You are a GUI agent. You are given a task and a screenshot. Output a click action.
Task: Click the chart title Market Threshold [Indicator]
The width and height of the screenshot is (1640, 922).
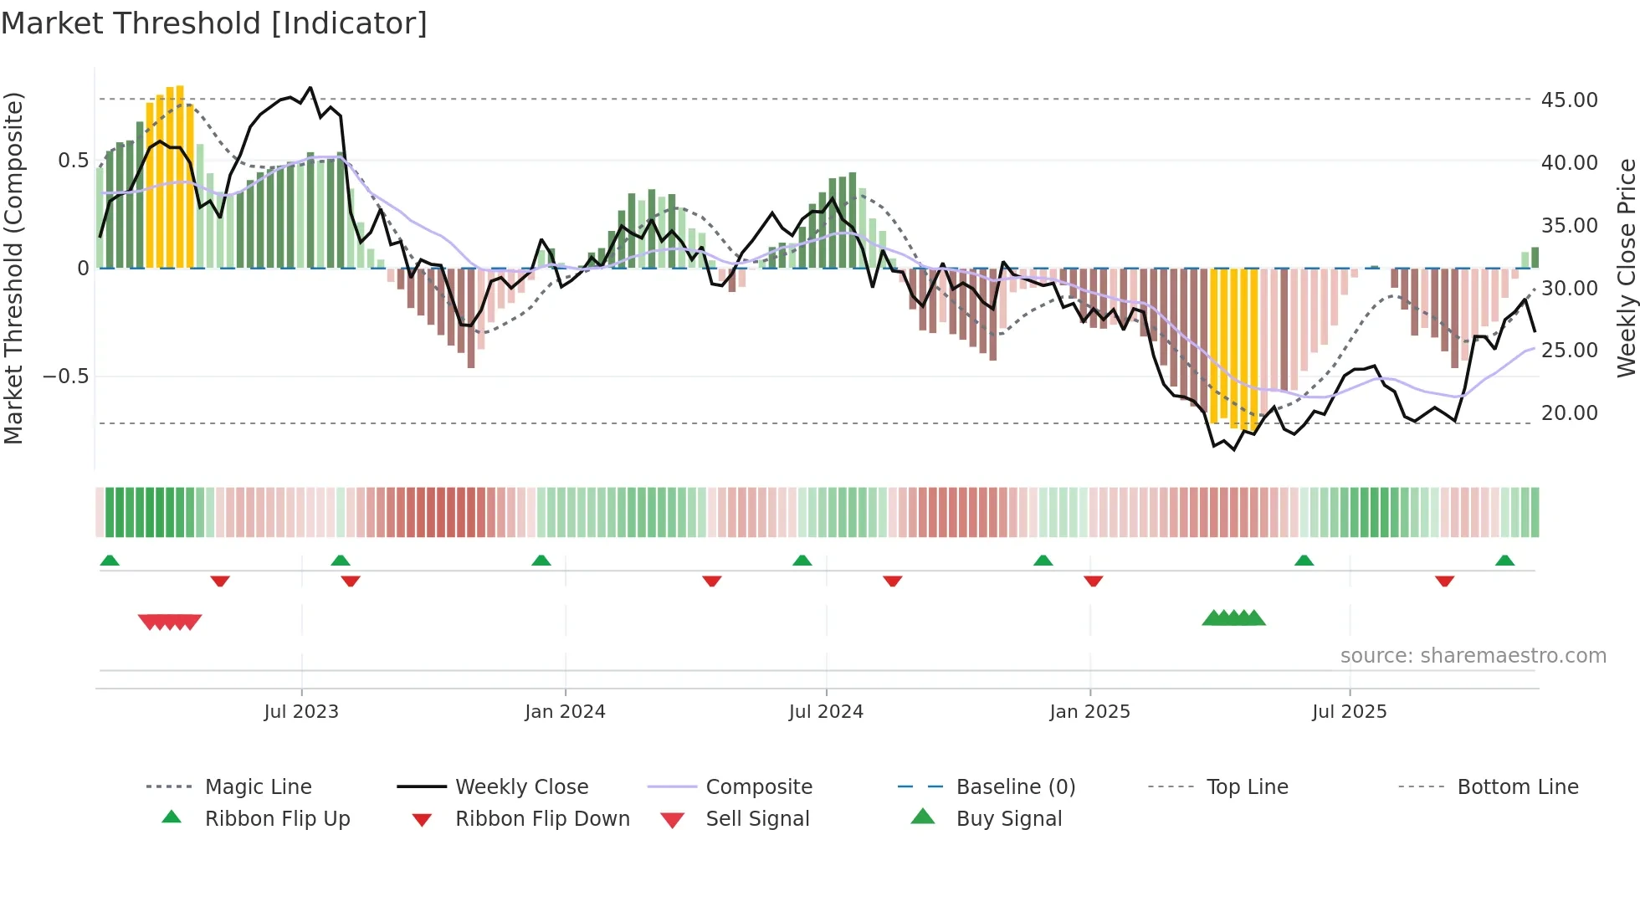214,23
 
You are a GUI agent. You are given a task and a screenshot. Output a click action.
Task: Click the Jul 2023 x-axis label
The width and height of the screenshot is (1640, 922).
301,711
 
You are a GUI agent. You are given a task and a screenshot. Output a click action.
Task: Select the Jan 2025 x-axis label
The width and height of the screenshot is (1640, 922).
1089,711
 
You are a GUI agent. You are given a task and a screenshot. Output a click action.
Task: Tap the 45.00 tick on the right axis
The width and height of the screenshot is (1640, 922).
1569,100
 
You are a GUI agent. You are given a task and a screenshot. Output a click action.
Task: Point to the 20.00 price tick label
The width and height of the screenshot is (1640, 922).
1569,412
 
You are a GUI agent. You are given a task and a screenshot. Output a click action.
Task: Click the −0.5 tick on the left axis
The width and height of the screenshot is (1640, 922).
65,376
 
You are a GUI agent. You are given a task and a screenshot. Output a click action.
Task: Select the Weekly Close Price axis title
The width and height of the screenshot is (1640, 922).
1626,268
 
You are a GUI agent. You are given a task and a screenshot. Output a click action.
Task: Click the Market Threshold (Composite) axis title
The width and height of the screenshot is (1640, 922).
13,268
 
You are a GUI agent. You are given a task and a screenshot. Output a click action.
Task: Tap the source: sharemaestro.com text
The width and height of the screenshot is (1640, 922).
1473,655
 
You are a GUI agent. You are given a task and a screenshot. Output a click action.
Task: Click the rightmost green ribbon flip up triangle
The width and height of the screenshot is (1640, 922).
1504,561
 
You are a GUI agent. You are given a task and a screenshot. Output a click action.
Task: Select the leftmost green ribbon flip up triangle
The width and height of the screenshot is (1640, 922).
110,561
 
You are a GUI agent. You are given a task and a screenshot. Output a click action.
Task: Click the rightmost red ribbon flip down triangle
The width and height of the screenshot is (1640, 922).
1444,581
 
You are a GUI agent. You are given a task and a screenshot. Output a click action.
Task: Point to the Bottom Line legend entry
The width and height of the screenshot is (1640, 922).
1517,786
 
